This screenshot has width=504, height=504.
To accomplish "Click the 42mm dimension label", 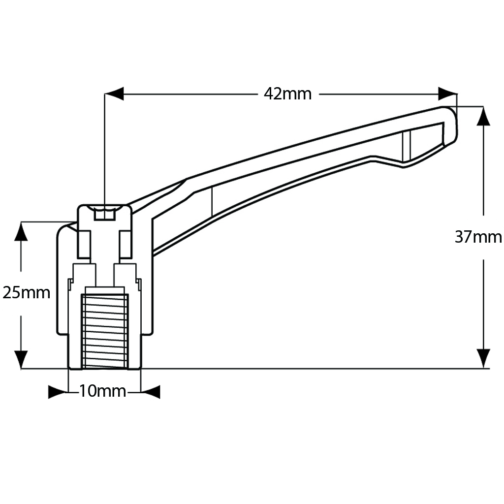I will pyautogui.click(x=287, y=94).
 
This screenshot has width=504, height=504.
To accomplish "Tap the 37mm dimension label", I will pyautogui.click(x=478, y=237).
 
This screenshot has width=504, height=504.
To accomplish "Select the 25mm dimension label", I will pyautogui.click(x=27, y=293).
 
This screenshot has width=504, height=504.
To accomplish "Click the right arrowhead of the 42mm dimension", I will pyautogui.click(x=447, y=94).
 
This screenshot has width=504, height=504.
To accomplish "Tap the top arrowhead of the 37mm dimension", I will pyautogui.click(x=484, y=116).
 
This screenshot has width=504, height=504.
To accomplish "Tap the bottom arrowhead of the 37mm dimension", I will pyautogui.click(x=484, y=358).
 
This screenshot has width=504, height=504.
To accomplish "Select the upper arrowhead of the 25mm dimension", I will pyautogui.click(x=21, y=231).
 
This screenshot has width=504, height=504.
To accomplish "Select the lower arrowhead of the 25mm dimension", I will pyautogui.click(x=21, y=359).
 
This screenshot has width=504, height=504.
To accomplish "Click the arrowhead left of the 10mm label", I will pyautogui.click(x=58, y=392).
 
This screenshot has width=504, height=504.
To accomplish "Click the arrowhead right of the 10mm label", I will pyautogui.click(x=151, y=392).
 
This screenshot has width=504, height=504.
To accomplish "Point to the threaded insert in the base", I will pyautogui.click(x=104, y=331).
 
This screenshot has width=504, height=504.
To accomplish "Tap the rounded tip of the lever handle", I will pyautogui.click(x=450, y=123).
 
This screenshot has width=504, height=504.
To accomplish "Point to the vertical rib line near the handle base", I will pyautogui.click(x=212, y=202).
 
